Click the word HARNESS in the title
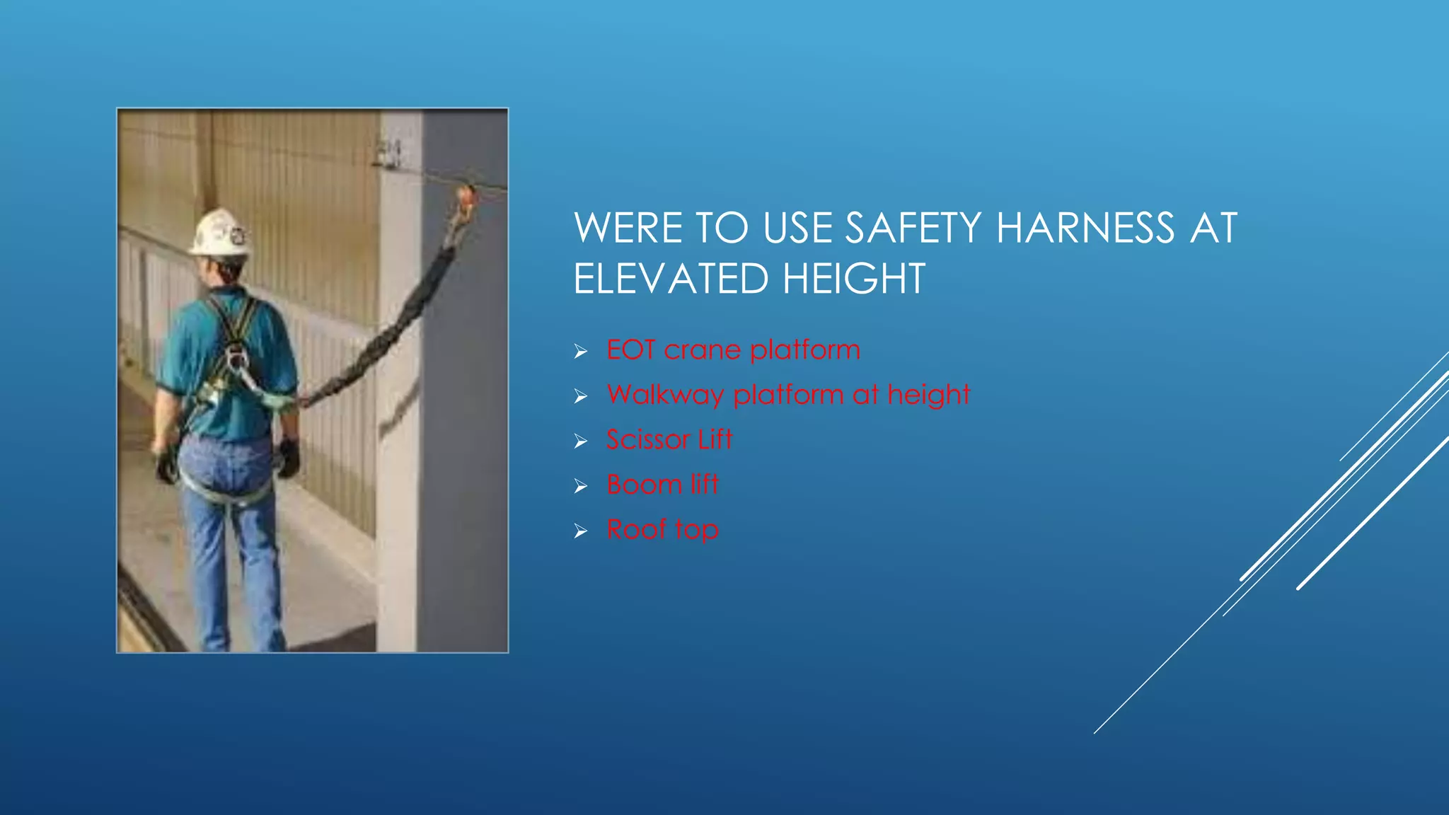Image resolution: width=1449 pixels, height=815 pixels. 1085,228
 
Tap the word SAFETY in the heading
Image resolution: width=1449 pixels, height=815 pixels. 913,228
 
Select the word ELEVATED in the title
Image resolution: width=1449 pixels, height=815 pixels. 670,278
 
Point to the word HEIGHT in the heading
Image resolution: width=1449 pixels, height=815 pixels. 854,278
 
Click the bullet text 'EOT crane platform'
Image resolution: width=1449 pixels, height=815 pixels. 733,349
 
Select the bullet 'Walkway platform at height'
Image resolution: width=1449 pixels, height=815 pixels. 788,394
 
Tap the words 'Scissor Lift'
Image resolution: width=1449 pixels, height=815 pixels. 669,439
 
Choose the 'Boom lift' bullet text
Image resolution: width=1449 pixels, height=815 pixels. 662,485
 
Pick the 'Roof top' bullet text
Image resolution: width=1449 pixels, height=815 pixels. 662,529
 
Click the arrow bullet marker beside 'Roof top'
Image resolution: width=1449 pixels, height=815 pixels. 581,531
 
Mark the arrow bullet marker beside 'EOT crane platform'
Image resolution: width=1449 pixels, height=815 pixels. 581,351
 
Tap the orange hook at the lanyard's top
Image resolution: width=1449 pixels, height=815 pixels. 466,199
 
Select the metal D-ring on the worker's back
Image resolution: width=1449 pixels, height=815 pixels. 236,359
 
